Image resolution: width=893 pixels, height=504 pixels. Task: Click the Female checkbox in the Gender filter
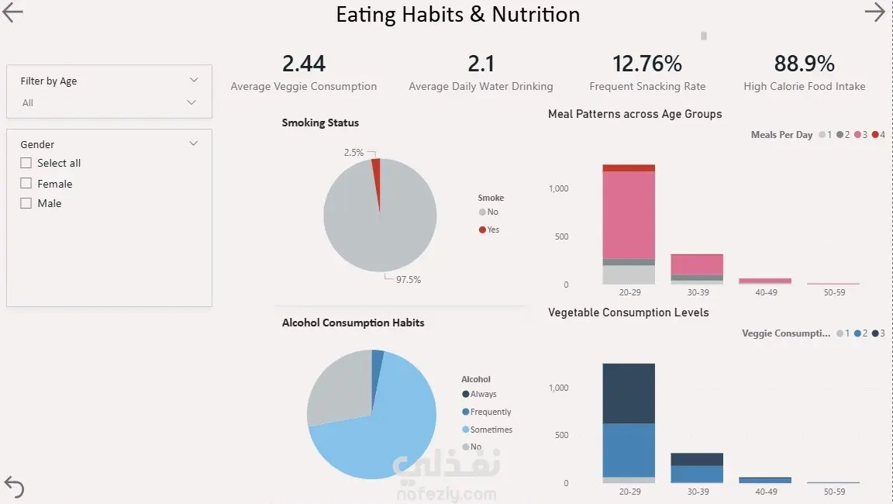coord(26,184)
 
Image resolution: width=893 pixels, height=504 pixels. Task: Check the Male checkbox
coord(26,203)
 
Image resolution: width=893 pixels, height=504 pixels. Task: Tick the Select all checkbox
coord(26,163)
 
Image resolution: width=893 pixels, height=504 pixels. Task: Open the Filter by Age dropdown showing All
coord(109,102)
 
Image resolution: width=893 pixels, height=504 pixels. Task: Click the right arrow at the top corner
coord(874,12)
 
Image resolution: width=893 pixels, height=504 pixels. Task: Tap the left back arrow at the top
coord(13,12)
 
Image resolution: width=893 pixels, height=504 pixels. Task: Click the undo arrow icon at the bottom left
coord(14,487)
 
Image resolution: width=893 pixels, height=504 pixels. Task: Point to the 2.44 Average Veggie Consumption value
coord(304,64)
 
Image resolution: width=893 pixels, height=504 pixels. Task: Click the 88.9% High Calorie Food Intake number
coord(804,64)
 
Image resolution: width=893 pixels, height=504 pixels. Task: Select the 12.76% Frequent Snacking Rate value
coord(647,64)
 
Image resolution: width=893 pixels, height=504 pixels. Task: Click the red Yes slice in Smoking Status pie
coord(377,174)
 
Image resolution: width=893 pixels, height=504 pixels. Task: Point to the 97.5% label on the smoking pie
coord(408,280)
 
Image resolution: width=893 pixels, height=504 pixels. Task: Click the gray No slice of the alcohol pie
coord(337,388)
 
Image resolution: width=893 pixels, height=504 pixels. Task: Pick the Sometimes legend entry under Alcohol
coord(491,430)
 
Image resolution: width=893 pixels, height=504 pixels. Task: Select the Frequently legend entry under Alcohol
coord(490,412)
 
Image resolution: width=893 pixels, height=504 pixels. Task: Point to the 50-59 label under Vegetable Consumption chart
coord(834,492)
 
